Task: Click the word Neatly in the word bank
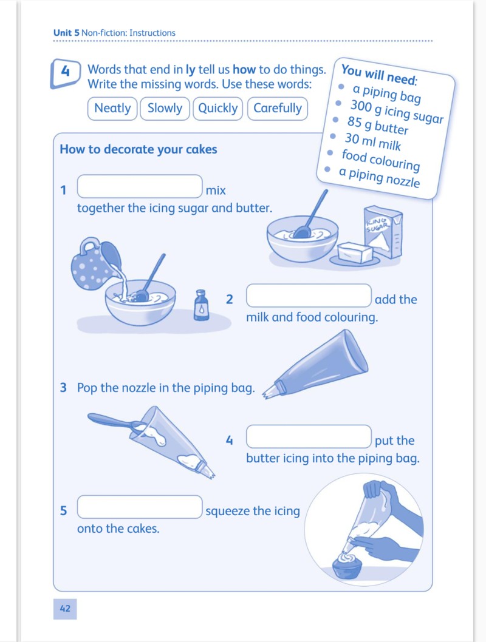pos(112,109)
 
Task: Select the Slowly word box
pos(165,109)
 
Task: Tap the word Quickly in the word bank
pos(218,109)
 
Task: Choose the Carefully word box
pos(278,109)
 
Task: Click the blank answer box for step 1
pos(140,186)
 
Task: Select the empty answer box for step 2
pos(309,296)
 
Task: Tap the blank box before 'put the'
pos(309,436)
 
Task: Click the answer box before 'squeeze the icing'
pos(140,507)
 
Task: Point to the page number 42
pos(65,609)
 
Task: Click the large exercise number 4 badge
pos(66,73)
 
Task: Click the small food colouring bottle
pos(201,305)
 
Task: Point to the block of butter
pos(355,253)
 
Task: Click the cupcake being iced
pos(347,566)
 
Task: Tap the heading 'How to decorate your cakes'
pos(139,149)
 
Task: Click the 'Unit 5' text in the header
pos(66,33)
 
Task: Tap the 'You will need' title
pos(379,74)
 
